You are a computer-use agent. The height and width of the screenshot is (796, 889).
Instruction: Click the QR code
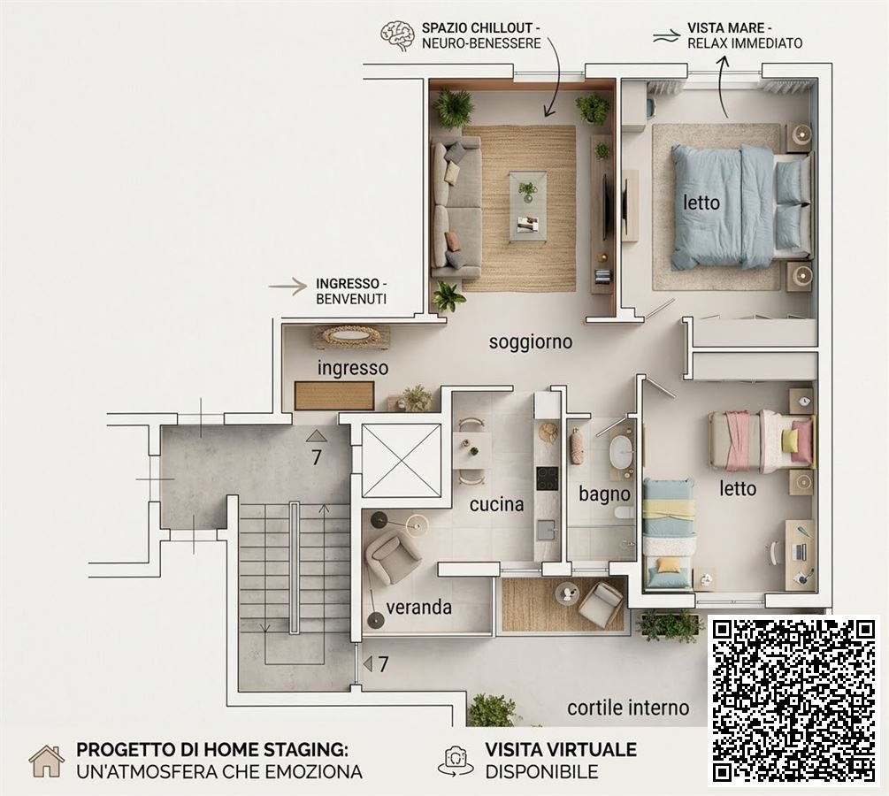pos(793,700)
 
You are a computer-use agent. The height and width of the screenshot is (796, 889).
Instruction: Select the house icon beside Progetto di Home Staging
pos(47,761)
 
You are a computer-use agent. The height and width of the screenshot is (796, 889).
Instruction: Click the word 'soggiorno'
pos(531,342)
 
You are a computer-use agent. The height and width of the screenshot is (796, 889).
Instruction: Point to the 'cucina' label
pos(496,504)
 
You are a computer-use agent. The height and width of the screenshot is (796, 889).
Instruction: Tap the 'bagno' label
pos(604,494)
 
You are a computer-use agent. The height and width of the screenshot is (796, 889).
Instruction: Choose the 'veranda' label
pos(419,608)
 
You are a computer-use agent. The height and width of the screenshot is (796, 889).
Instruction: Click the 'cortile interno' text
pos(628,708)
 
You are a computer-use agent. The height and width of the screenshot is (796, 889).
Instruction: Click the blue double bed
pos(740,206)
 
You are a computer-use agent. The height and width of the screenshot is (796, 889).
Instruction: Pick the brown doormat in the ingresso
pos(334,395)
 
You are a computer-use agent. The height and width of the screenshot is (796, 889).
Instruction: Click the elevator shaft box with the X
pos(401,461)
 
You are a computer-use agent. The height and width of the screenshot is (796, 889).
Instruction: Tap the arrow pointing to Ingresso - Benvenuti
pos(287,287)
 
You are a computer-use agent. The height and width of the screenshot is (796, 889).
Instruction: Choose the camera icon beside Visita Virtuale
pos(456,761)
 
